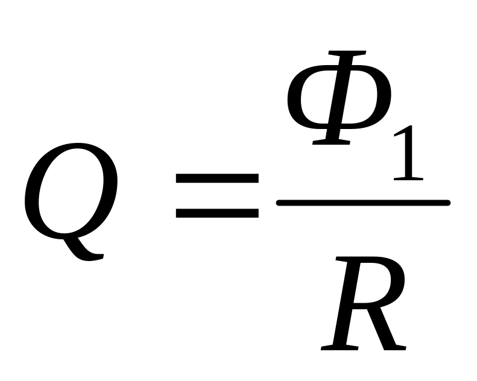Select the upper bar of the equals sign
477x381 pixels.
(x=216, y=179)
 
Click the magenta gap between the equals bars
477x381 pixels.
(x=216, y=196)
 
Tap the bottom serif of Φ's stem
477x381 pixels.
(x=330, y=142)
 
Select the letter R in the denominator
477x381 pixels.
(x=362, y=301)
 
